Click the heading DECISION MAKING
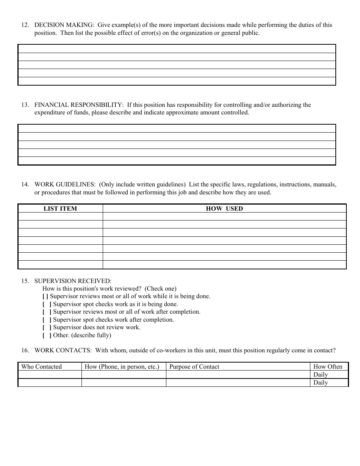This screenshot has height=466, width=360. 64,25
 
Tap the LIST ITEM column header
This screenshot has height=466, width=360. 60,208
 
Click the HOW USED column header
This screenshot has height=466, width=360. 224,208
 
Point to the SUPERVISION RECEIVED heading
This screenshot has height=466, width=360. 73,281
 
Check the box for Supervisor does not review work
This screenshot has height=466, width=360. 47,327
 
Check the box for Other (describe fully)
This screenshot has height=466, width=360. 47,335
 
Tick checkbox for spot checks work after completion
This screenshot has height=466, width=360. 47,320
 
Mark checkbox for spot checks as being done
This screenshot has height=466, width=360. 47,304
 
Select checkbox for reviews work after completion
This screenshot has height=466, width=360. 47,312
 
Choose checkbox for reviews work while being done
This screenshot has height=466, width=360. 45,296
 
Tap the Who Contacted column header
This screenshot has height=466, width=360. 41,366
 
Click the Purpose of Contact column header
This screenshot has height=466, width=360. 194,366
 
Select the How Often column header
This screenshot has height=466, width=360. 328,366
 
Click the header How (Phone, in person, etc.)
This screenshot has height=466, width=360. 122,366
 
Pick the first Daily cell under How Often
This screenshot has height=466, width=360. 321,375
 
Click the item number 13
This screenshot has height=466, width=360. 25,105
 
